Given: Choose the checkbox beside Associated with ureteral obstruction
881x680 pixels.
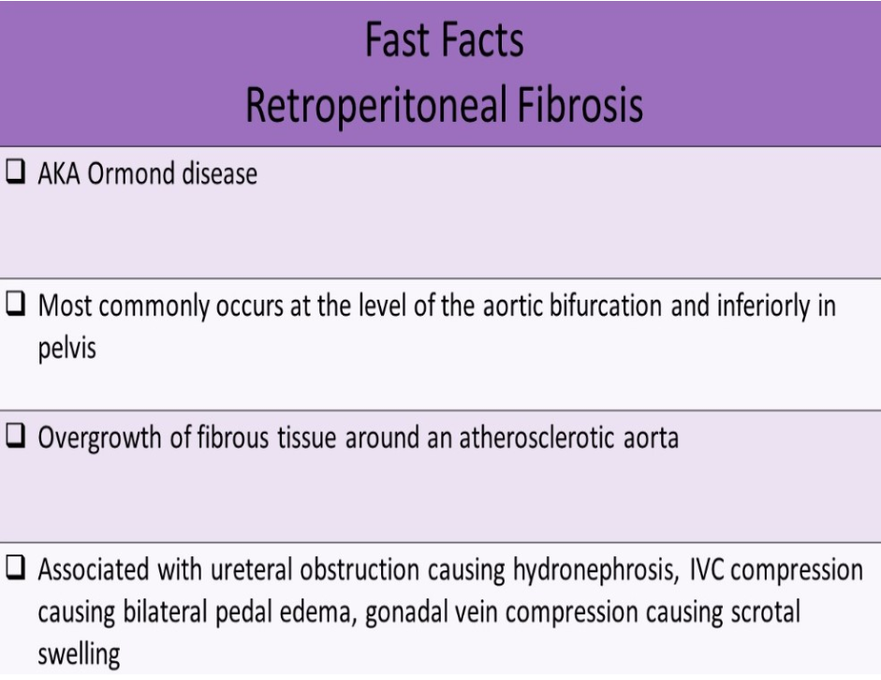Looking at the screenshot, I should click(x=16, y=571).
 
